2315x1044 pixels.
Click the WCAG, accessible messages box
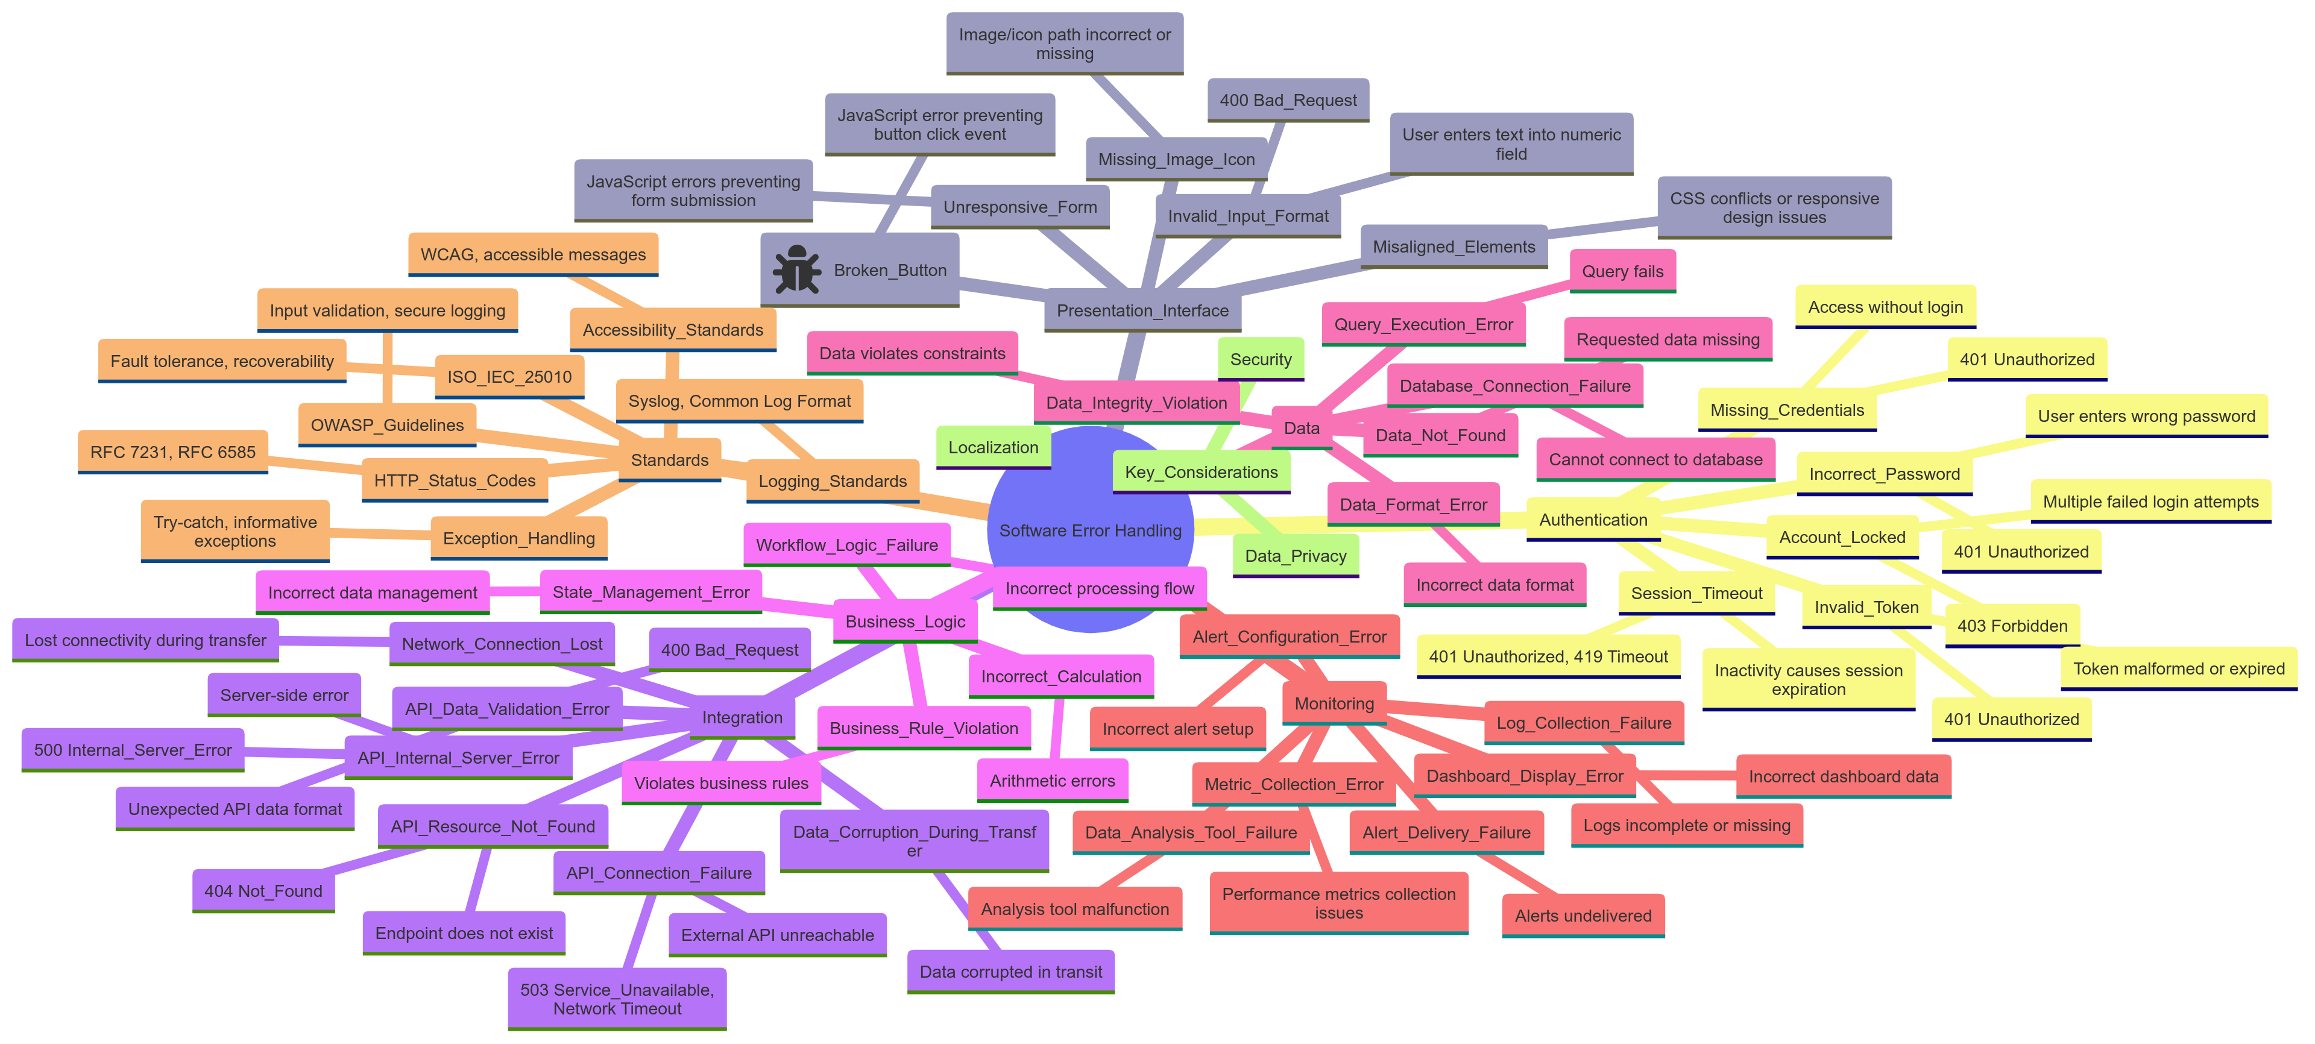click(533, 255)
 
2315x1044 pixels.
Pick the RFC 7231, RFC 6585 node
click(172, 453)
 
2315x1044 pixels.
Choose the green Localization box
click(993, 447)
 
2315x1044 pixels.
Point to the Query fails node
click(1622, 271)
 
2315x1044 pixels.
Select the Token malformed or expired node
click(2178, 668)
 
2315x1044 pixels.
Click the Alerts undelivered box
click(1583, 916)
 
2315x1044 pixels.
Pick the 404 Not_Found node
click(263, 891)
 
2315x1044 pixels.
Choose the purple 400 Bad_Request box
click(729, 650)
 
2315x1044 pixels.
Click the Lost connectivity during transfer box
click(145, 641)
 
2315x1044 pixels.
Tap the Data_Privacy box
click(1295, 556)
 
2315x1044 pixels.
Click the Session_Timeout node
click(1696, 593)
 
